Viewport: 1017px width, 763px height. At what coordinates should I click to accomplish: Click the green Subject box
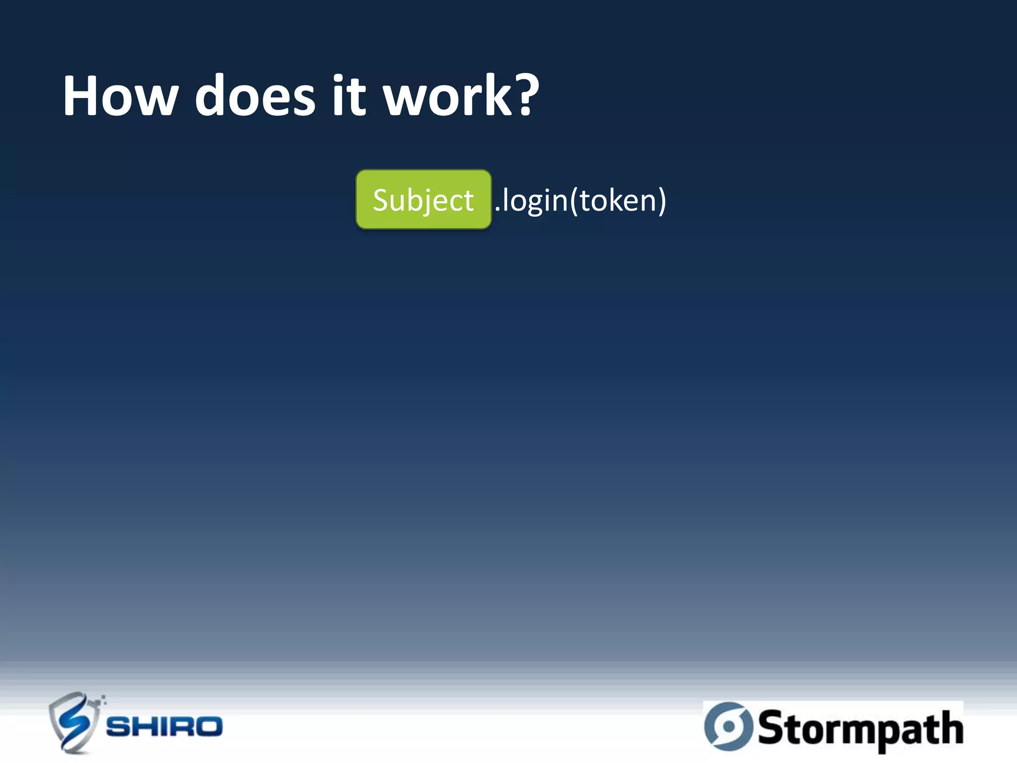click(424, 199)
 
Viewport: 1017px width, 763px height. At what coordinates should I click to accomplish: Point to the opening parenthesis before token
click(574, 201)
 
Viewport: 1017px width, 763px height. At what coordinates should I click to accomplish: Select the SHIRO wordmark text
click(164, 727)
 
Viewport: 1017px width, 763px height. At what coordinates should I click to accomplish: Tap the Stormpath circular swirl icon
click(727, 726)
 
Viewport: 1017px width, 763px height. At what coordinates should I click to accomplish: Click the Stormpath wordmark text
click(860, 728)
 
